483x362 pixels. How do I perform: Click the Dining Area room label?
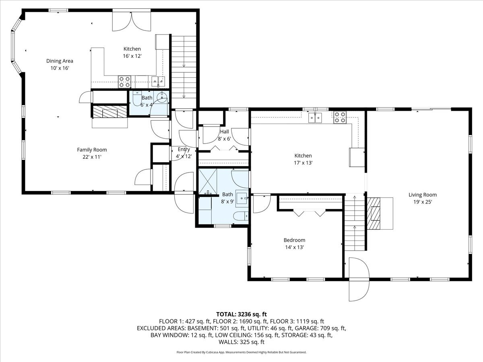[60, 61]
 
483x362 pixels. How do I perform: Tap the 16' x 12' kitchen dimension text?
[132, 56]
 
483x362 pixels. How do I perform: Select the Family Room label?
[92, 150]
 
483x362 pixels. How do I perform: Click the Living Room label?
[423, 195]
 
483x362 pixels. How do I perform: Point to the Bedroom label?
[295, 240]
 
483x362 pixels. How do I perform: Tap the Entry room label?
[184, 149]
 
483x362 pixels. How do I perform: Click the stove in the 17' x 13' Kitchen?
[340, 117]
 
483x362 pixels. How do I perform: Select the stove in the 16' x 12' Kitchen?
[124, 82]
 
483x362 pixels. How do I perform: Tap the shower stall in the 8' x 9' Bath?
[208, 181]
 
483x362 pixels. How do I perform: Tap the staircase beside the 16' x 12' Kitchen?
[184, 66]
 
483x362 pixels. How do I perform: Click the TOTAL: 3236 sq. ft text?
[242, 314]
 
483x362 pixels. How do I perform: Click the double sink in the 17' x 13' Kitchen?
[315, 117]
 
